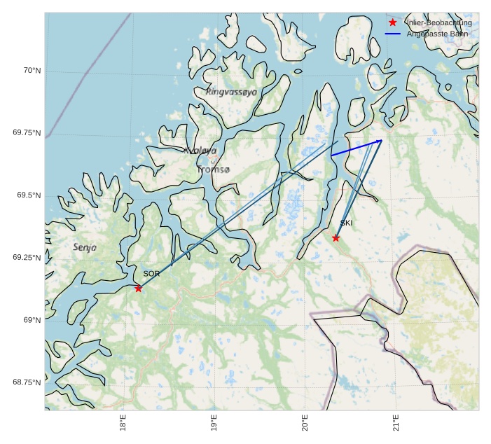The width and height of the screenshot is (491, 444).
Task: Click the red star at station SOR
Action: [x=138, y=288]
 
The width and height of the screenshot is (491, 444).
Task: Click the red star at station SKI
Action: [x=336, y=238]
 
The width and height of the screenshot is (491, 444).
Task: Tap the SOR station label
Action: [x=151, y=274]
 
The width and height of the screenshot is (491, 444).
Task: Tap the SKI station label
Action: [x=346, y=223]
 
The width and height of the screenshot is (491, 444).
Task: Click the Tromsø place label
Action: [x=213, y=169]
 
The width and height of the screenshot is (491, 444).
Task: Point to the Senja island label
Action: [x=85, y=247]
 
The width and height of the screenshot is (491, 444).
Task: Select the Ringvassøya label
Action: [x=231, y=92]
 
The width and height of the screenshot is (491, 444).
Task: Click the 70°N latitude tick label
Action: [x=32, y=71]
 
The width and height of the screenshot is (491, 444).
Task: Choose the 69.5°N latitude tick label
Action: [x=29, y=195]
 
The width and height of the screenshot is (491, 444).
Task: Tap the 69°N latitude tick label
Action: [x=32, y=320]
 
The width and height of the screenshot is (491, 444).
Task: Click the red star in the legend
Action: [x=393, y=22]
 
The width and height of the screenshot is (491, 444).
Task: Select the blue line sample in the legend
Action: [x=393, y=34]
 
